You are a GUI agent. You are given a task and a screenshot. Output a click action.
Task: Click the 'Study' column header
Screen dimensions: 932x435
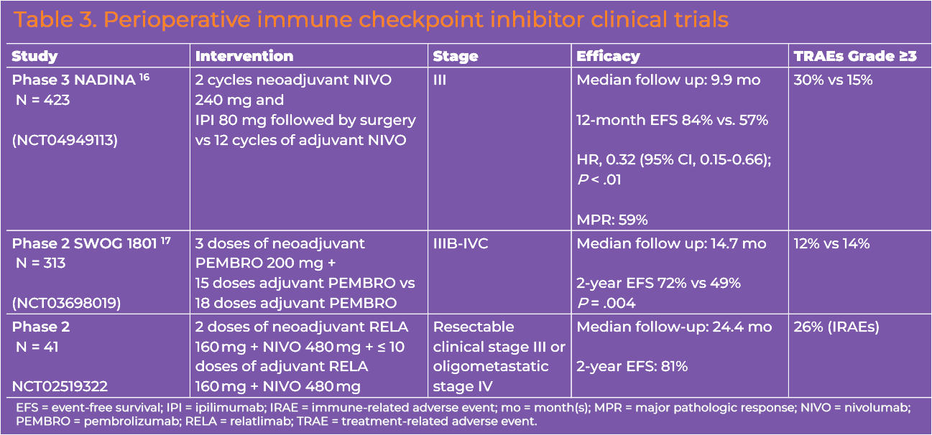(x=34, y=56)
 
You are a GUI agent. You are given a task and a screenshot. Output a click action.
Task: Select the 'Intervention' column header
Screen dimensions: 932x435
(x=244, y=56)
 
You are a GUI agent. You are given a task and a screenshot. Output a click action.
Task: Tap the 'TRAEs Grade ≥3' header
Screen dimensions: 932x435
(x=855, y=56)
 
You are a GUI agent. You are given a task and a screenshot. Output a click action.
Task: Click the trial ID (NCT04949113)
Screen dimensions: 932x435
(x=65, y=140)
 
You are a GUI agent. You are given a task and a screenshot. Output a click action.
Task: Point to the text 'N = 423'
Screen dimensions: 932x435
(x=42, y=100)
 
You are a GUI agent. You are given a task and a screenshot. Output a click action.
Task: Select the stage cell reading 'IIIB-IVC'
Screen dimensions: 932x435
(x=461, y=243)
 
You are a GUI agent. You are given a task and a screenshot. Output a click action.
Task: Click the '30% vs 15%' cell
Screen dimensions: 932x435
(x=833, y=80)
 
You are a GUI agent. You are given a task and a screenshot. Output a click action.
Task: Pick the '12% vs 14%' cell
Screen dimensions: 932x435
(x=831, y=243)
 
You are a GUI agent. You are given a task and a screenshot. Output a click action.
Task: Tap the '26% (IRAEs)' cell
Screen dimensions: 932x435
(x=836, y=327)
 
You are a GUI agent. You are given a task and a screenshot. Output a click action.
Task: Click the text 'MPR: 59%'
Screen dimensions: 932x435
(x=612, y=220)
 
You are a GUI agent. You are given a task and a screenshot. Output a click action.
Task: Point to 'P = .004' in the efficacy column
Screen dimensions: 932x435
(x=606, y=303)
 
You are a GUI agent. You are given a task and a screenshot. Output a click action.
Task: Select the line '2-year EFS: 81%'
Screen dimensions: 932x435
(x=632, y=366)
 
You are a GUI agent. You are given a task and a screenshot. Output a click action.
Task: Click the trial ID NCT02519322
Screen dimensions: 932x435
(x=60, y=386)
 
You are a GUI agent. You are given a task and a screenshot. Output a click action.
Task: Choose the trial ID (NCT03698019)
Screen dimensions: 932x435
(x=67, y=303)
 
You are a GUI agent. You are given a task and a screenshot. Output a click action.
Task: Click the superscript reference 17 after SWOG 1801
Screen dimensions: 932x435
(x=165, y=240)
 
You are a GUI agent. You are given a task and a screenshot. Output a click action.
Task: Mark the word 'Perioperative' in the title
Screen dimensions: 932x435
(x=177, y=19)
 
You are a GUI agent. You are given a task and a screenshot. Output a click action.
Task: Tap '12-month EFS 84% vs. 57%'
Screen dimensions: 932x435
(x=673, y=120)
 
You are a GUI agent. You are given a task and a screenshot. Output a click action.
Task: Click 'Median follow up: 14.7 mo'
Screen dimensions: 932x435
(x=672, y=243)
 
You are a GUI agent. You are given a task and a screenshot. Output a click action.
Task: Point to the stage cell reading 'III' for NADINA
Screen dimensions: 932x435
(x=440, y=80)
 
